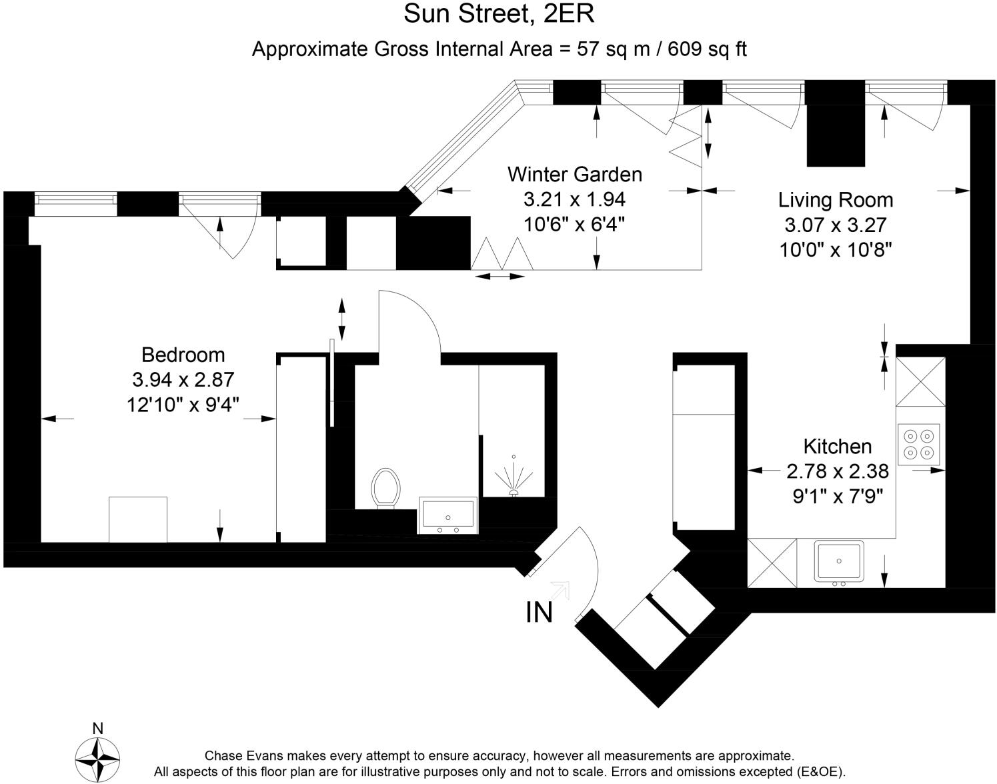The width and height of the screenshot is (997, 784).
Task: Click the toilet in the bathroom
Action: (x=385, y=488)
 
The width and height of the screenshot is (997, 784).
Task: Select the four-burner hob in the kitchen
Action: (x=919, y=444)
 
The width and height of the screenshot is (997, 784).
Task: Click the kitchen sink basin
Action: (x=839, y=562)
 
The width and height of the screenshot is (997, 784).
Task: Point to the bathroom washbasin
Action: (x=447, y=515)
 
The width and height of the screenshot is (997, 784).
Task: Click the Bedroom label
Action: (x=183, y=355)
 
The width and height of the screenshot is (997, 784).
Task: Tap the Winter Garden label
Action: (x=575, y=175)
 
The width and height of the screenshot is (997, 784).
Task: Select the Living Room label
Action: (x=836, y=200)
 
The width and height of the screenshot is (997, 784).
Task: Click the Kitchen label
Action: (x=838, y=447)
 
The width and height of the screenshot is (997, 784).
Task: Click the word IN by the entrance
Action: (x=540, y=612)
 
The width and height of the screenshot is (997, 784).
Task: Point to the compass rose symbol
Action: (x=97, y=760)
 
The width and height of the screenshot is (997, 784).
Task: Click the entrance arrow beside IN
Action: (x=560, y=591)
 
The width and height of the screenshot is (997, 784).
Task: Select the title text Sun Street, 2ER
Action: (x=499, y=14)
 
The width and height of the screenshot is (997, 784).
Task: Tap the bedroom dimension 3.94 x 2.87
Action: (x=183, y=380)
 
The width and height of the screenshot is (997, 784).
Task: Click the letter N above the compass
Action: (x=98, y=729)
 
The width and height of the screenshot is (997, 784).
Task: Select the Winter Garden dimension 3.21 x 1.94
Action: (x=575, y=199)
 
